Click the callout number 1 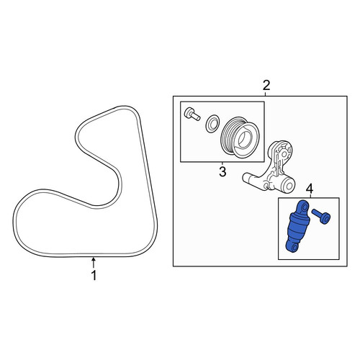94,276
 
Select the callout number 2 266,85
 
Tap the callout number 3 222,171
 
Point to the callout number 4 310,189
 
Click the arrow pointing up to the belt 94,262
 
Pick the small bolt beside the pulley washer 192,114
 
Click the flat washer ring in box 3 212,123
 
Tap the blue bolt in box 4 321,216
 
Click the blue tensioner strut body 297,226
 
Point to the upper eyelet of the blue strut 303,206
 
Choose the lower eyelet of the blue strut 293,248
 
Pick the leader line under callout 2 266,94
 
